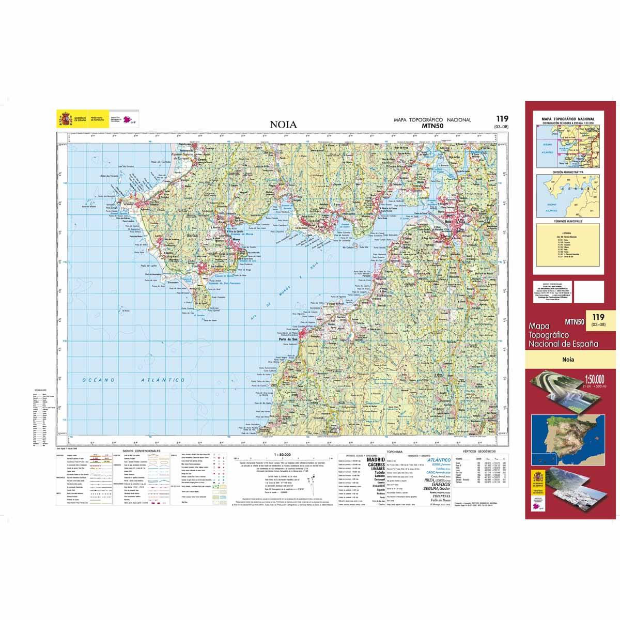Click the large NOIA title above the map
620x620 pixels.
click(283, 125)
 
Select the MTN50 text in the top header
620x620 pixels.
click(432, 125)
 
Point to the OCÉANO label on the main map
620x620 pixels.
click(98, 380)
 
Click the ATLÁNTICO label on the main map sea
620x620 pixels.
click(163, 380)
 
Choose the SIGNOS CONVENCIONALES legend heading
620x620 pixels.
click(142, 451)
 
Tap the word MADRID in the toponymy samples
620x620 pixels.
click(375, 459)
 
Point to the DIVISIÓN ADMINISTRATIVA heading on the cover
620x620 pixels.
click(568, 172)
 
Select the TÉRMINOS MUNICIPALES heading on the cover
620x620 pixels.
click(568, 221)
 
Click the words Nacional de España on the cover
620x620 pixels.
click(564, 343)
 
